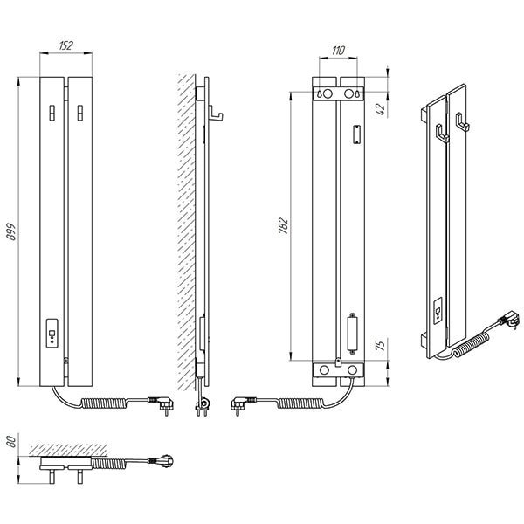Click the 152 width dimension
[x=65, y=45]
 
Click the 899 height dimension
[x=11, y=231]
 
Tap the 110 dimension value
[x=338, y=51]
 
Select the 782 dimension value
[x=283, y=225]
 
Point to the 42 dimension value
[x=381, y=108]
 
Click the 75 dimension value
[x=381, y=344]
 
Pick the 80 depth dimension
[x=11, y=441]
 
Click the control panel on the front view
[x=52, y=334]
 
